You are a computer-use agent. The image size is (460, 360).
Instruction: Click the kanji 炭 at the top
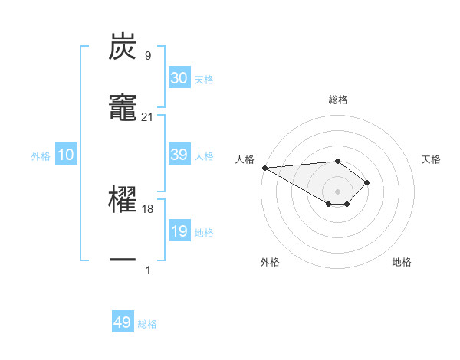coord(123,47)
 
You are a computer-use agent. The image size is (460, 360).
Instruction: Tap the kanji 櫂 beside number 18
coord(123,201)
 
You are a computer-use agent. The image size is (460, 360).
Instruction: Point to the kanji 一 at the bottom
coord(123,260)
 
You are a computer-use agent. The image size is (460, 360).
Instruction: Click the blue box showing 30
coord(179,78)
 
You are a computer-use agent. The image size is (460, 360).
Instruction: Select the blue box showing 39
coord(179,155)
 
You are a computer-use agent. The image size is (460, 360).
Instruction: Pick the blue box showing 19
coord(179,231)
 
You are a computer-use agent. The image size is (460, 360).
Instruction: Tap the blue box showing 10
coord(66,155)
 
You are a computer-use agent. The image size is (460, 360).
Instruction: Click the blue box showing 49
coord(123,322)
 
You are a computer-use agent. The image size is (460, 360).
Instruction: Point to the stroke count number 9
coord(148,55)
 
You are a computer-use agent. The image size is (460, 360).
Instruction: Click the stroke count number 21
coord(148,116)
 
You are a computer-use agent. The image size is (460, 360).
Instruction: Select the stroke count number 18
coord(148,208)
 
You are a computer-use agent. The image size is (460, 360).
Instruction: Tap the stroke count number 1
coord(148,270)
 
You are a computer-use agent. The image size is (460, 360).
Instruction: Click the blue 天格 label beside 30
coord(204,79)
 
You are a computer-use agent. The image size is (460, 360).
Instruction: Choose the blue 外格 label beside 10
coord(41,155)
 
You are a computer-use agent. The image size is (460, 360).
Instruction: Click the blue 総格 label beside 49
coord(147,323)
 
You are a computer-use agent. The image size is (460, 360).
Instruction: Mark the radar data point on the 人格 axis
coord(264,168)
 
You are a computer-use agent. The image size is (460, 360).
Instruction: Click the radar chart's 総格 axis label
coord(337,100)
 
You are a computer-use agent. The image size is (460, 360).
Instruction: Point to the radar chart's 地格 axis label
coord(402,262)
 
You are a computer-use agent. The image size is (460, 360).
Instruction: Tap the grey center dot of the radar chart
coord(337,191)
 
